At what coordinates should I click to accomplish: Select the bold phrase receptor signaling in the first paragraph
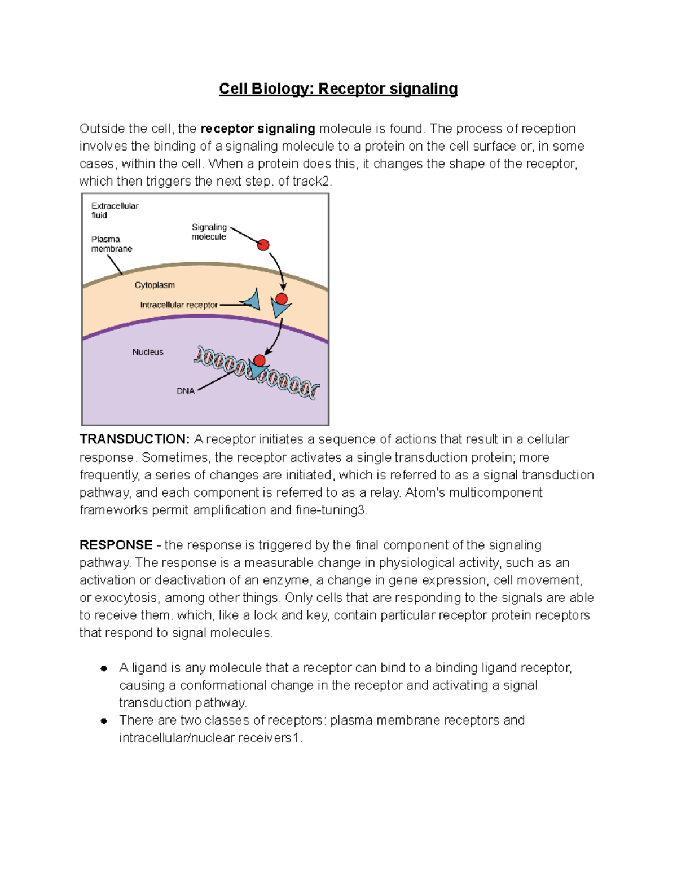(x=258, y=129)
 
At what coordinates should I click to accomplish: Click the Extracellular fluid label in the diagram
(x=115, y=210)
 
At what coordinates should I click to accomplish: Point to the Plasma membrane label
(x=111, y=244)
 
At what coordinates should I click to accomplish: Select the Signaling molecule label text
(x=209, y=232)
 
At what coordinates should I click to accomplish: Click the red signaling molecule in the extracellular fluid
(x=263, y=245)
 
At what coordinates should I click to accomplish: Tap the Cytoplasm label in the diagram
(x=155, y=285)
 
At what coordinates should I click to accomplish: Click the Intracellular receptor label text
(x=178, y=305)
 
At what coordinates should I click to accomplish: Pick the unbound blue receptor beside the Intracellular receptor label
(x=252, y=300)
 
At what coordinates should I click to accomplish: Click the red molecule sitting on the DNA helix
(x=260, y=360)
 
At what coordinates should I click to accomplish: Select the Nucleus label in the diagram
(x=148, y=352)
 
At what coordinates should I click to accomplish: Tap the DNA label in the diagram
(x=185, y=391)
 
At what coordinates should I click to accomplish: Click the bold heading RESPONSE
(x=116, y=545)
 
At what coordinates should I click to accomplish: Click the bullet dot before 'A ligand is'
(x=104, y=668)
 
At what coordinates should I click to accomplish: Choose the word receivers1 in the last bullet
(x=269, y=738)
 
